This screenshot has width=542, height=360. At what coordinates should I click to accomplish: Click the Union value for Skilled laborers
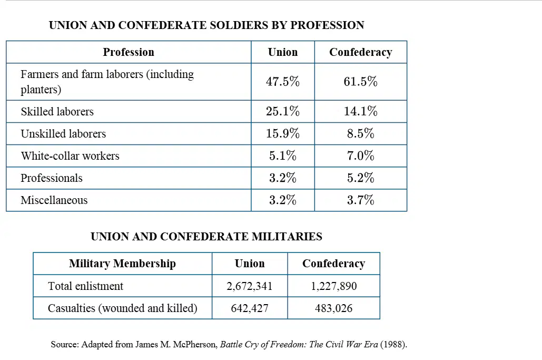click(x=282, y=111)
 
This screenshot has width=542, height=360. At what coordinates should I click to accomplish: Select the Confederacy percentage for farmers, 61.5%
click(x=360, y=82)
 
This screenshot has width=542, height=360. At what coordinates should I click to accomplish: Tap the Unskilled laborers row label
click(x=63, y=133)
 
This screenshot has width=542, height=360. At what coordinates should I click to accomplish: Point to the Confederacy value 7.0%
click(x=360, y=155)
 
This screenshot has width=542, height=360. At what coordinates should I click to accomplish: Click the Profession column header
click(x=129, y=52)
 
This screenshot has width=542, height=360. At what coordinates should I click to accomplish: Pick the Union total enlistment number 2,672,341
click(x=250, y=286)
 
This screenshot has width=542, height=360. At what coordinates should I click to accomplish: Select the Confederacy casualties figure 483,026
click(x=333, y=308)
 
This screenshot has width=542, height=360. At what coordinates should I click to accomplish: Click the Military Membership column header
click(x=122, y=264)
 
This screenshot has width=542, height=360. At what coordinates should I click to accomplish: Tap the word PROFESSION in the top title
click(x=327, y=25)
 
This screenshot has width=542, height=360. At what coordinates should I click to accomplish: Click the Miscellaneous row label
click(x=54, y=200)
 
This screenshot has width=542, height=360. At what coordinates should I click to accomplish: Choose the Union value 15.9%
click(x=282, y=133)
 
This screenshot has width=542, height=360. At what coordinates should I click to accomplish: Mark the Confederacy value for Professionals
click(x=360, y=178)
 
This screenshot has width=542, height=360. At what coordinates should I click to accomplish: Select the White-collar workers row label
click(x=70, y=155)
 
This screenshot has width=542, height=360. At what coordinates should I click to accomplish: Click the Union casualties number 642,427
click(x=250, y=308)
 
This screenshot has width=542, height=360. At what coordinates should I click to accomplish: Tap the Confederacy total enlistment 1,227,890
click(x=333, y=286)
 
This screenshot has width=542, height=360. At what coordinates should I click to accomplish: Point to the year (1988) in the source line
click(x=393, y=344)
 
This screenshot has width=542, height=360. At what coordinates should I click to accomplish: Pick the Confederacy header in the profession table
click(x=360, y=52)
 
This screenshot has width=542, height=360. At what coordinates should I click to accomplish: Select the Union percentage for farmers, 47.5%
click(x=282, y=82)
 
